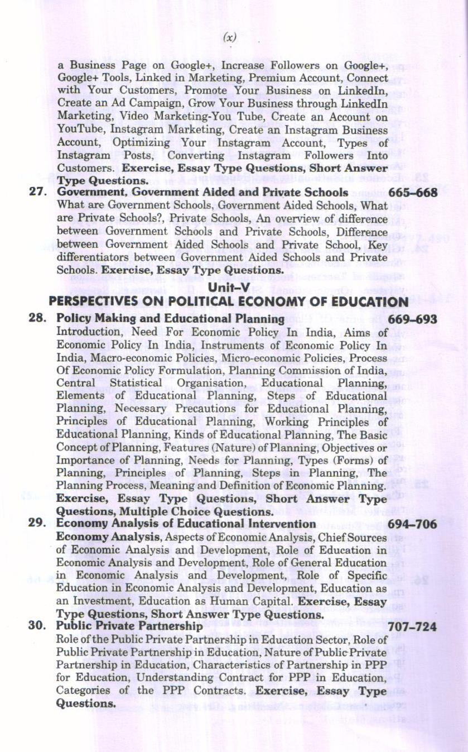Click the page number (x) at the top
[229, 37]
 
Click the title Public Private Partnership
[128, 626]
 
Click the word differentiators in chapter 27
[92, 257]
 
